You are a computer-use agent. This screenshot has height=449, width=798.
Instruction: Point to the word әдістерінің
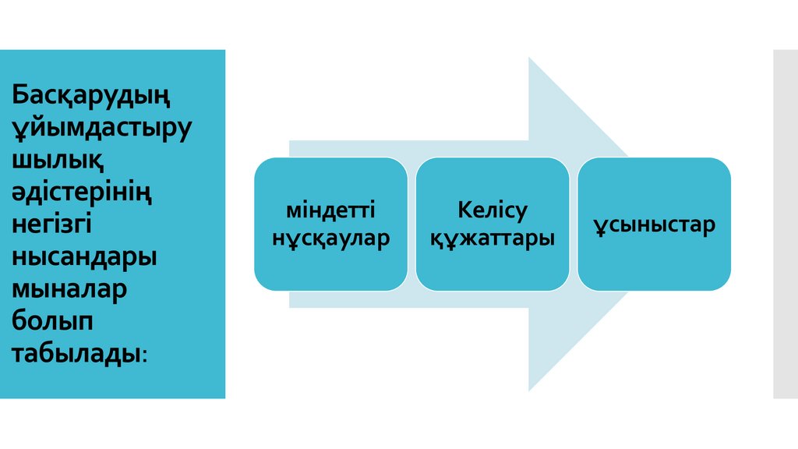point(81,191)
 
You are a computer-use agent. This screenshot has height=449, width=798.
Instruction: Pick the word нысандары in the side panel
point(84,256)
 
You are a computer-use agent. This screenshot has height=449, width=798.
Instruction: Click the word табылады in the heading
point(76,352)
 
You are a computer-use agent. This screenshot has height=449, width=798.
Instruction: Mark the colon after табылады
point(145,355)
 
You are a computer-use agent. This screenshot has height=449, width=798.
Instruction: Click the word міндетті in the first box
point(330,210)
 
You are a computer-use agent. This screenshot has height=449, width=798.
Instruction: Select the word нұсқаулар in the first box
point(330,238)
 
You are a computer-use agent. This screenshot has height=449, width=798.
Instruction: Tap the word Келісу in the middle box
point(493,210)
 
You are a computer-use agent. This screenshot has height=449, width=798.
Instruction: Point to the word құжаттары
point(493,238)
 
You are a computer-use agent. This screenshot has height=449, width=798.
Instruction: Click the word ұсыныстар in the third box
point(654,225)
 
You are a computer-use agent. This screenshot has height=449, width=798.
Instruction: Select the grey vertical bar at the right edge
point(786,224)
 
